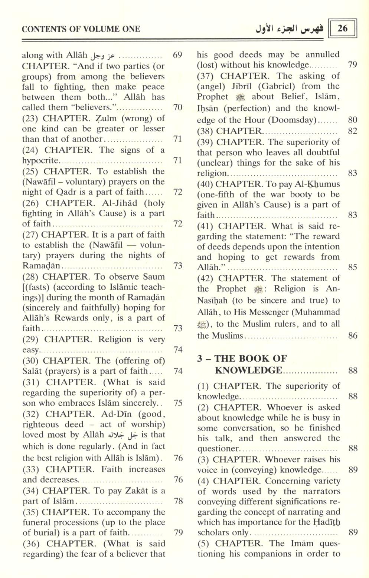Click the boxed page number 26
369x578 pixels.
coord(342,29)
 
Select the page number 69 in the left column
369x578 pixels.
coord(178,56)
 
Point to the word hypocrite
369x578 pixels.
coord(40,160)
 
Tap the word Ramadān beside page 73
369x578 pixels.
coord(42,266)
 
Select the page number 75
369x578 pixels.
coord(178,403)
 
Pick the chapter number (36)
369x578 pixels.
coord(32,544)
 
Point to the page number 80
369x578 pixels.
coord(353,120)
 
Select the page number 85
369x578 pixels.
coord(353,267)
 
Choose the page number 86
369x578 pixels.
coord(353,336)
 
